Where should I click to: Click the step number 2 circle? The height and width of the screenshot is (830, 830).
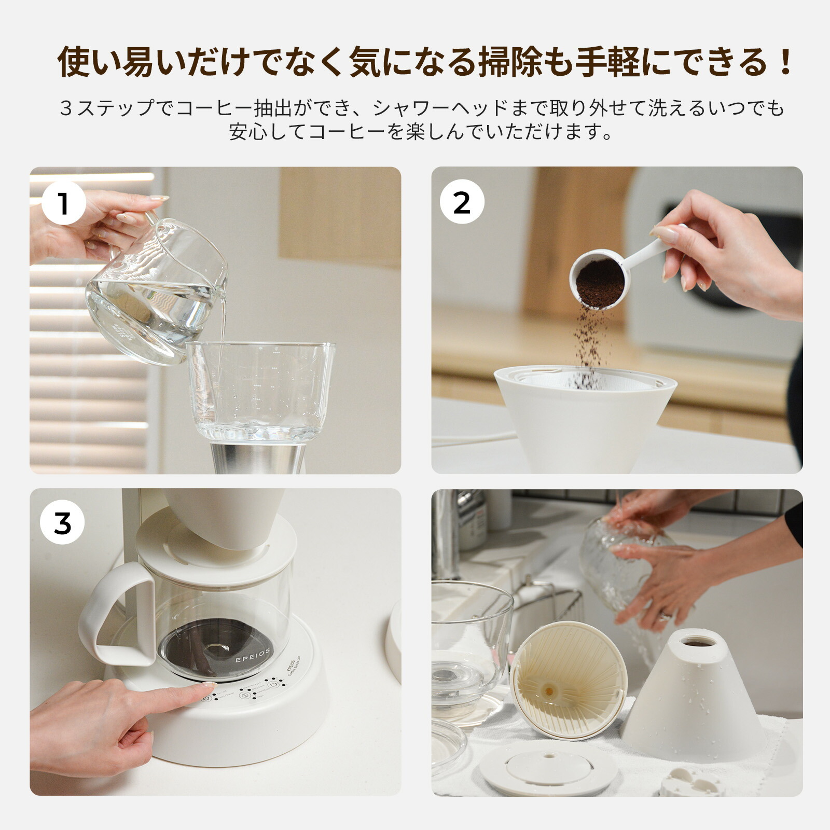click(x=462, y=202)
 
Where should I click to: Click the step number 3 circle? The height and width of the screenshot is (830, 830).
click(x=62, y=524)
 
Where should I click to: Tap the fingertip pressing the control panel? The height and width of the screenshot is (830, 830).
click(x=205, y=688)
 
